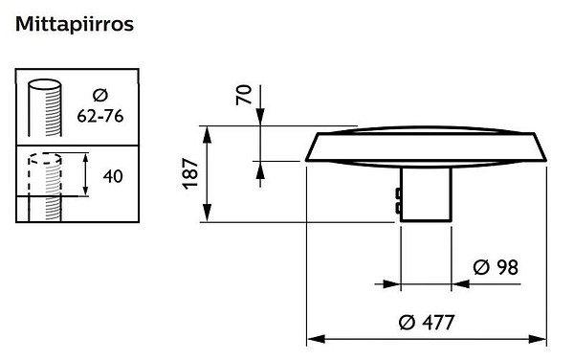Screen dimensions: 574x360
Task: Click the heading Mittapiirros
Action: pos(75,25)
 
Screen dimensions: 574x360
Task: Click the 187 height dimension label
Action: pos(190,173)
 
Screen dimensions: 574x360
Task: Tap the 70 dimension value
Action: pos(244,95)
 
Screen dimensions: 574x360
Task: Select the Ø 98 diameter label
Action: pos(496,267)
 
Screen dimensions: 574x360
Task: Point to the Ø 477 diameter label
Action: pos(427,323)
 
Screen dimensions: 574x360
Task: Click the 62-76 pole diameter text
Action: pos(100,116)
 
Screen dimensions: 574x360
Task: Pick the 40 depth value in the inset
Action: pos(113,176)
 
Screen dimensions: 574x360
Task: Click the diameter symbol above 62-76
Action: pos(100,95)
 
